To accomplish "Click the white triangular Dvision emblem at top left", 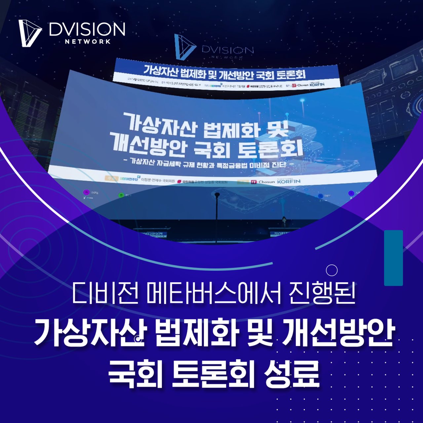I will pyautogui.click(x=29, y=33).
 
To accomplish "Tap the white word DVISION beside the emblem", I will pyautogui.click(x=87, y=30).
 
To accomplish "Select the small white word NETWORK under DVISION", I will pyautogui.click(x=88, y=42).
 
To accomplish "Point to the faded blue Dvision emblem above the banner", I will pyautogui.click(x=184, y=47).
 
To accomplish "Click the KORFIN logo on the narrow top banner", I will pyautogui.click(x=317, y=85).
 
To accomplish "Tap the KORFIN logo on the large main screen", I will pyautogui.click(x=288, y=181).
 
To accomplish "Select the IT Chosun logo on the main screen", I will pyautogui.click(x=263, y=182).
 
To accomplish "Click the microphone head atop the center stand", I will pyautogui.click(x=217, y=195).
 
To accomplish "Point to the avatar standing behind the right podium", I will pyautogui.click(x=284, y=221).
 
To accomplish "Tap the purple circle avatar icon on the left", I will pyautogui.click(x=86, y=192).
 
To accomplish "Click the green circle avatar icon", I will pyautogui.click(x=121, y=195).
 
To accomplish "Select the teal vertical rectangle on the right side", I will pyautogui.click(x=393, y=258).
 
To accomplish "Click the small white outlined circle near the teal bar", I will pyautogui.click(x=331, y=270).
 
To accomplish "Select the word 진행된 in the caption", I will pyautogui.click(x=322, y=293).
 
